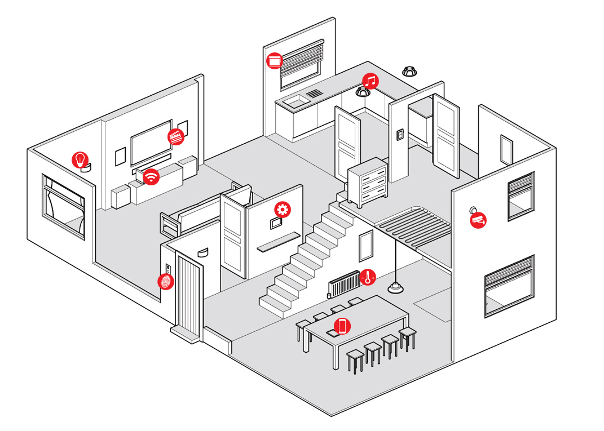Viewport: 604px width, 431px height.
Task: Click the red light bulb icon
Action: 80,159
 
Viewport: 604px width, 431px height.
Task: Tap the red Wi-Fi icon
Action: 151,177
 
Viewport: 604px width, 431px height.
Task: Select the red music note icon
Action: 370,81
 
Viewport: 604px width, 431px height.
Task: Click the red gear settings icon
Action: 283,210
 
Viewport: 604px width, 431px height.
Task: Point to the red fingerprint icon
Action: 166,281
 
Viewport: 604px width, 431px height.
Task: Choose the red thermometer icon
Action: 368,277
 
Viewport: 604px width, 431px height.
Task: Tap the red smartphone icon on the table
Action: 342,326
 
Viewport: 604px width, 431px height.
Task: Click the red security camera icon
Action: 478,220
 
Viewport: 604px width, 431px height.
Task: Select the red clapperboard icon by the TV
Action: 176,136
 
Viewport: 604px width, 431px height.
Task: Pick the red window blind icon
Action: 275,60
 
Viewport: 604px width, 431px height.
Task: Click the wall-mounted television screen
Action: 151,141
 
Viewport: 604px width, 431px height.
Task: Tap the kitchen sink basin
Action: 294,101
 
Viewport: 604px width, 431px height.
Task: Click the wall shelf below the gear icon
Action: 277,241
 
